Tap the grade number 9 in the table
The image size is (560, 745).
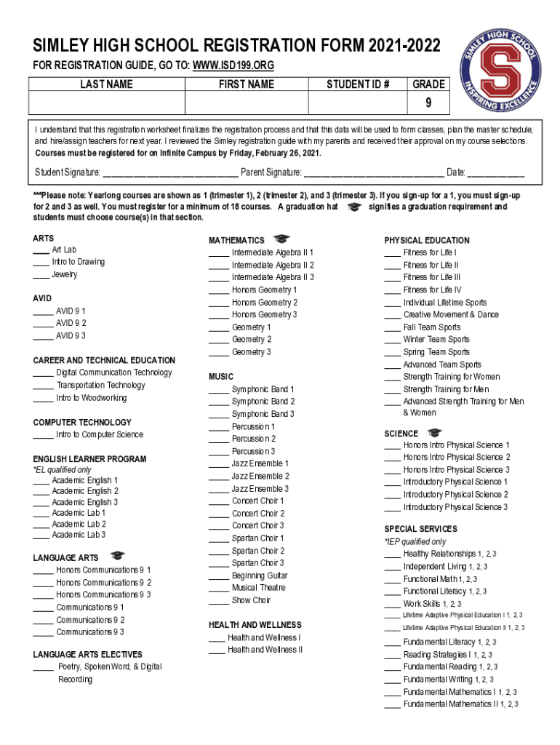point(428,103)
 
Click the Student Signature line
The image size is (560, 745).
point(169,174)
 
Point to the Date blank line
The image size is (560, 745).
point(495,174)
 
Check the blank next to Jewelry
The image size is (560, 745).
point(41,276)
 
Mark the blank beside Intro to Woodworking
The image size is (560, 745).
point(43,399)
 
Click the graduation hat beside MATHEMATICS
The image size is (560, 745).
point(281,239)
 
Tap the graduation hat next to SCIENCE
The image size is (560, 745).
point(433,433)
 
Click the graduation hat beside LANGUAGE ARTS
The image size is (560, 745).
point(116,557)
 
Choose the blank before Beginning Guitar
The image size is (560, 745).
point(218,576)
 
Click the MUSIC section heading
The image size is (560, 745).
point(221,376)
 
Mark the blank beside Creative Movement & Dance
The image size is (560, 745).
point(392,316)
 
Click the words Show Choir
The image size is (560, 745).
point(251,600)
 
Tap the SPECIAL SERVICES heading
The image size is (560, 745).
point(420,529)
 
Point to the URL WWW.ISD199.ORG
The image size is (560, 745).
point(233,66)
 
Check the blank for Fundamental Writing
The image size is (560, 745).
point(392,680)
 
